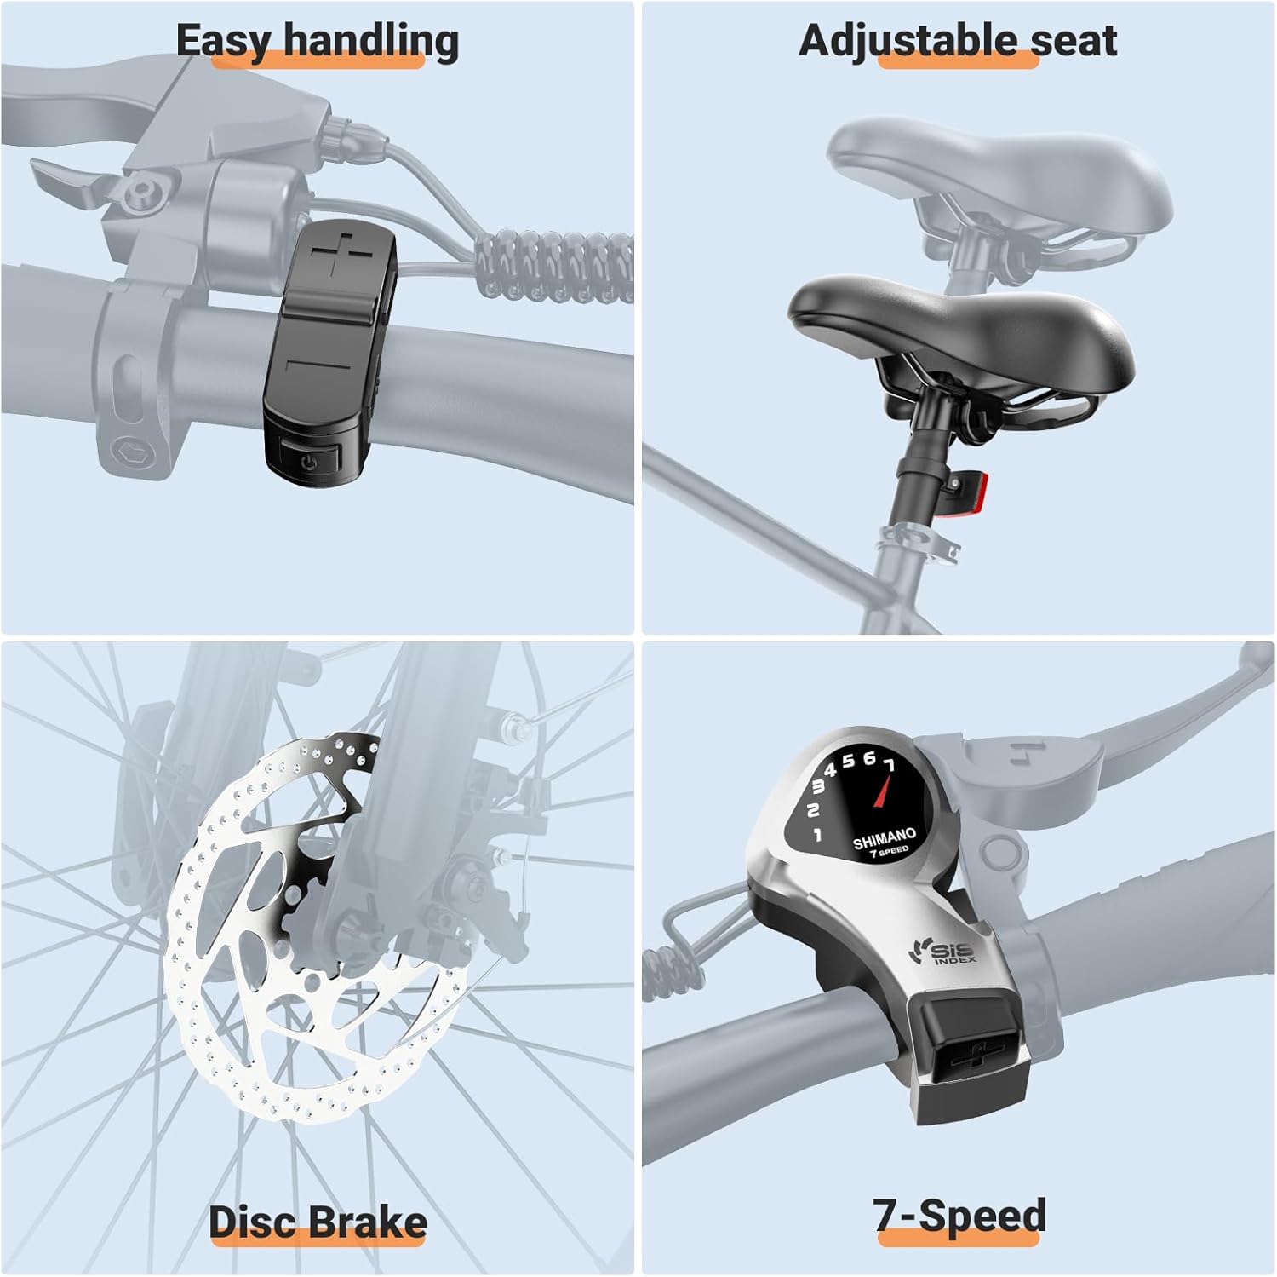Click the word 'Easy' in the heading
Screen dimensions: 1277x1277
(x=225, y=41)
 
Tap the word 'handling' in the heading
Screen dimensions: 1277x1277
(x=371, y=41)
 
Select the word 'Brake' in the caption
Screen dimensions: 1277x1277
(x=371, y=1222)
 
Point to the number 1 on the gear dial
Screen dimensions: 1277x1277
(x=818, y=835)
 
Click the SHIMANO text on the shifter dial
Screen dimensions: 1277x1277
(x=885, y=838)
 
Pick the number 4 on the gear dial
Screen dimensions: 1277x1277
(x=831, y=770)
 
